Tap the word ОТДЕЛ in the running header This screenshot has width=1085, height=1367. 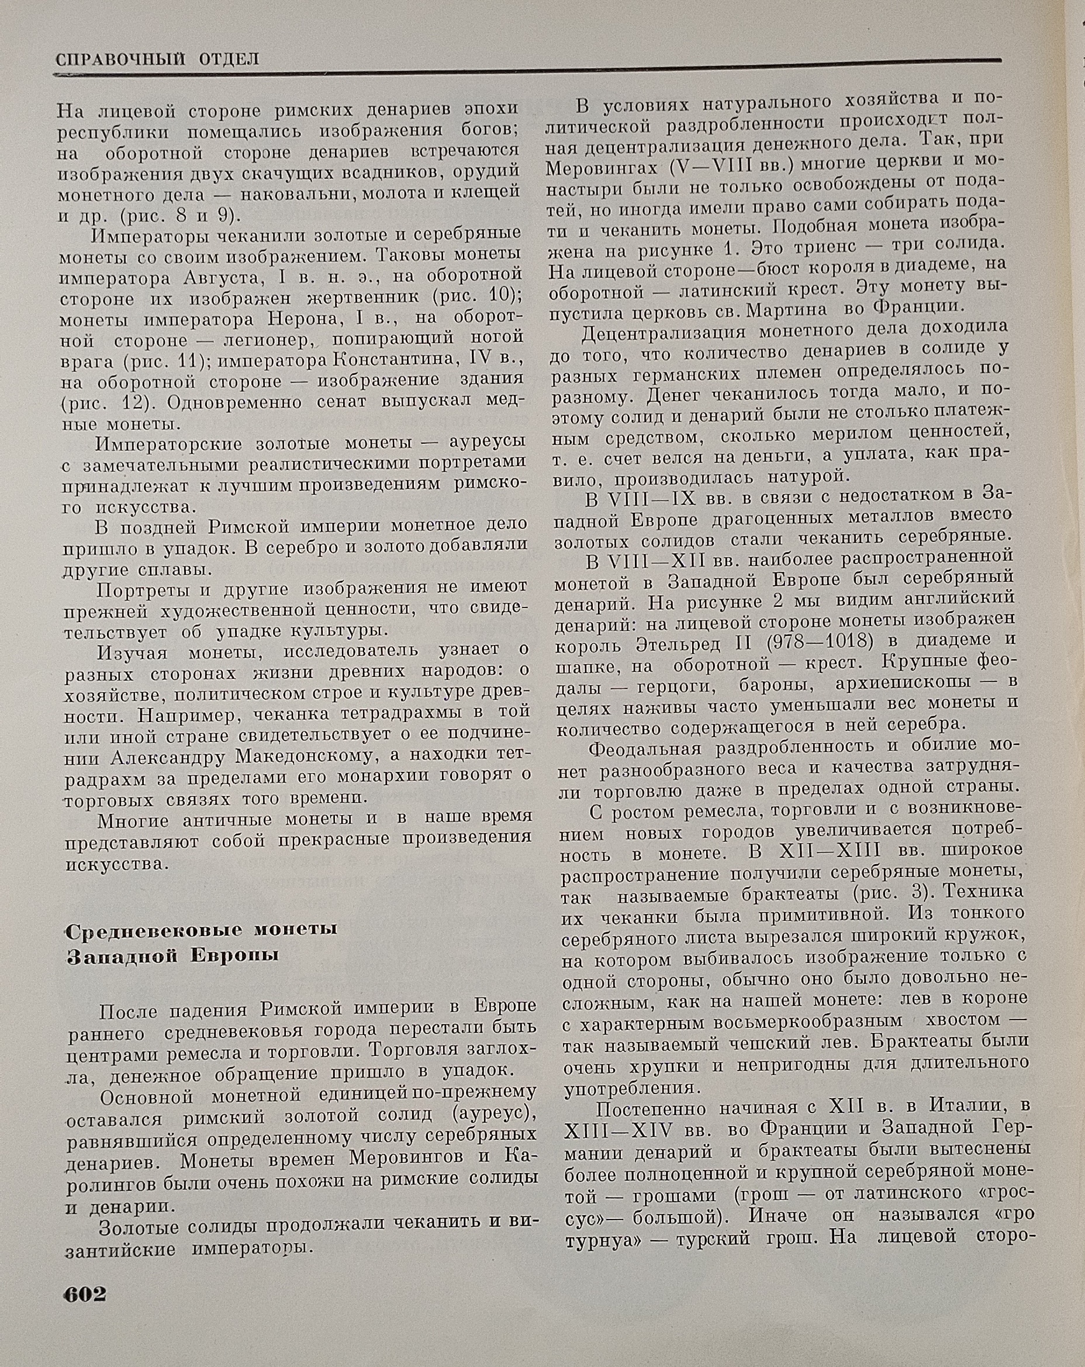click(229, 60)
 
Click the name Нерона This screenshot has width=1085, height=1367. click(307, 318)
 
